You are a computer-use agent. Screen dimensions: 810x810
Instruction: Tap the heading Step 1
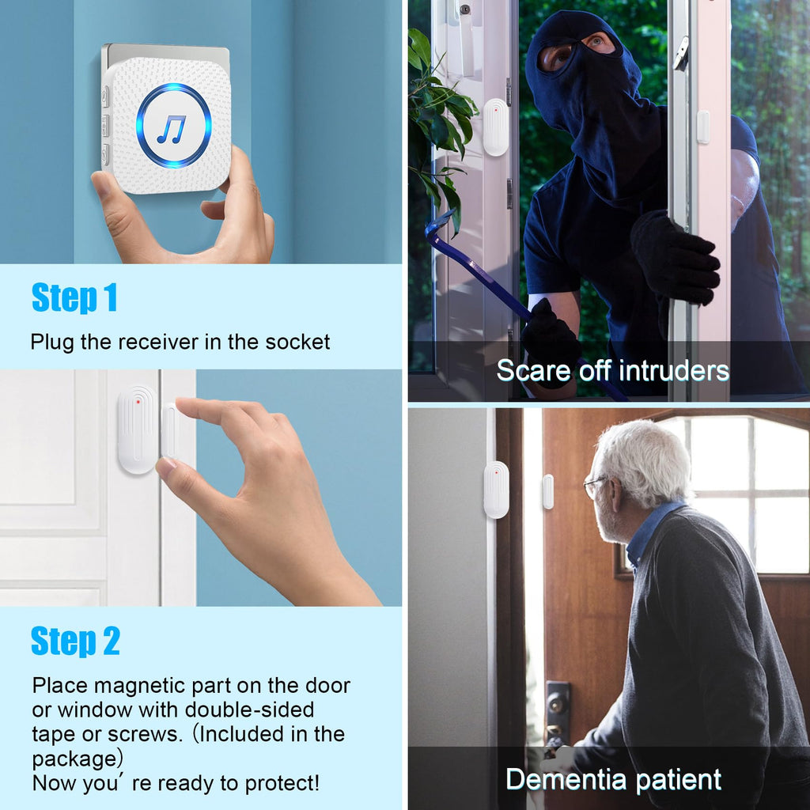pyautogui.click(x=74, y=298)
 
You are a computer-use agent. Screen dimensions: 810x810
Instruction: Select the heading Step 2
pyautogui.click(x=75, y=641)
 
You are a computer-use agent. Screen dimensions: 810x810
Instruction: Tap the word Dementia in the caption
pyautogui.click(x=567, y=779)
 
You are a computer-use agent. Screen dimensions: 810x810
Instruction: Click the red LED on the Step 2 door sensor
pyautogui.click(x=138, y=402)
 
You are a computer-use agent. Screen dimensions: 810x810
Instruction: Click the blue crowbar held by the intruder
pyautogui.click(x=475, y=269)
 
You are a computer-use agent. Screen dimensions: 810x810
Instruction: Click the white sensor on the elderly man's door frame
pyautogui.click(x=496, y=490)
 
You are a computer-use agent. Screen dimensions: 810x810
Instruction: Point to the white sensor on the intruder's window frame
pyautogui.click(x=495, y=127)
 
